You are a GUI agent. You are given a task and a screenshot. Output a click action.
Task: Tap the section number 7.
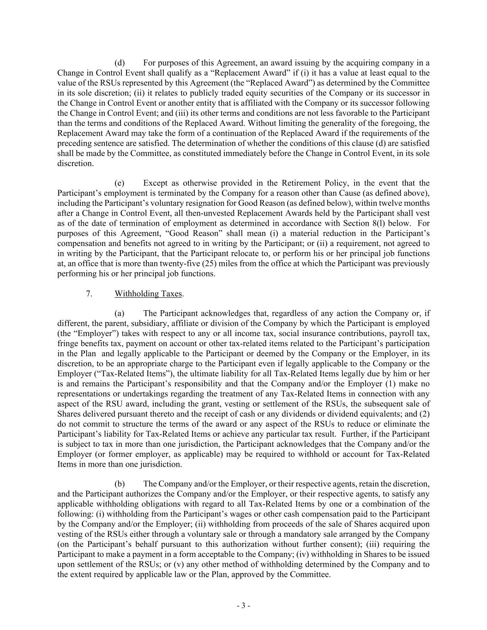pos(89,294)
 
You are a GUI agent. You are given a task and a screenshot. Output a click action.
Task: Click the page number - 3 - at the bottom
pos(243,606)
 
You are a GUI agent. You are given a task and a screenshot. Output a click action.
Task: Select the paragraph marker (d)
pos(119,63)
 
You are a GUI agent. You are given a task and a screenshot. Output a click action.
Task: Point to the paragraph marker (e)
pos(119,183)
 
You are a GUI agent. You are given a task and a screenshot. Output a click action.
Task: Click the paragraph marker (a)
pos(119,313)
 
